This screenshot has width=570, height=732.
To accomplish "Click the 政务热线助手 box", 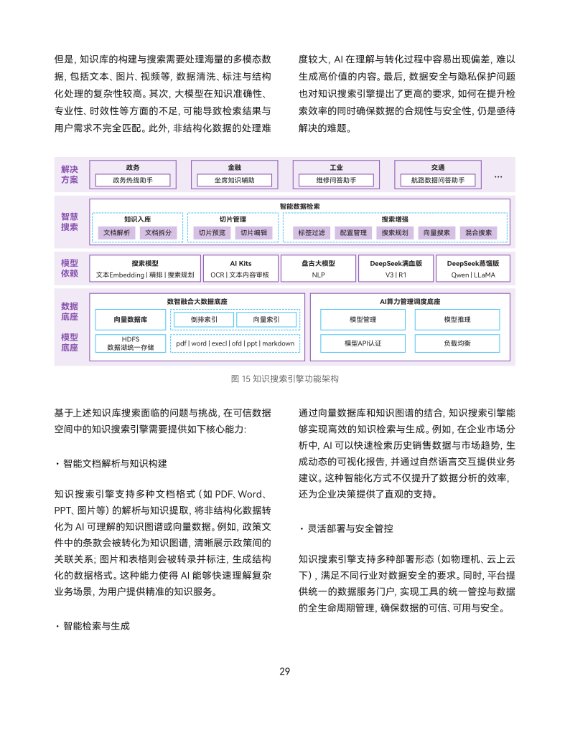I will (x=133, y=180).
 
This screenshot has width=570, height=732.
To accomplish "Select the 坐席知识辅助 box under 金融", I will (x=235, y=180).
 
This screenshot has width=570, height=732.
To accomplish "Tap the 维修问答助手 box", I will (x=336, y=180).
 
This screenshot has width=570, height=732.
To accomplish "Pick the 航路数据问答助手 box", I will (x=438, y=180).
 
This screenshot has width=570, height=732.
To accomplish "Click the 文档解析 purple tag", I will (x=117, y=232).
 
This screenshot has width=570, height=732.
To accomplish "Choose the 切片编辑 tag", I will (x=253, y=232).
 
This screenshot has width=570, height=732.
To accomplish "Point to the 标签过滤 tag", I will (x=312, y=232).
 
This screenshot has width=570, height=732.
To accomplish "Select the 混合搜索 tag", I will (x=478, y=232).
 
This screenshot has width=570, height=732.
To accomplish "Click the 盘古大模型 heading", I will (x=318, y=263).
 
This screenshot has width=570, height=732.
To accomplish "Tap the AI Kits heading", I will (x=240, y=263).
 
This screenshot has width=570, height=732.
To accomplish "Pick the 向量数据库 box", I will (x=131, y=319).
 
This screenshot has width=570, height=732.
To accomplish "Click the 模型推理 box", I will (x=457, y=319).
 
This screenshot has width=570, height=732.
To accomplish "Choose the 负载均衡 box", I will (x=457, y=343).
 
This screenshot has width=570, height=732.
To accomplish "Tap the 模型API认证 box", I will (x=363, y=343).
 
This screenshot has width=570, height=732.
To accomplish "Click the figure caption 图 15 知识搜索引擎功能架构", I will (x=284, y=378).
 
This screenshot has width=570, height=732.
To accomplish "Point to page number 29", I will (x=284, y=672).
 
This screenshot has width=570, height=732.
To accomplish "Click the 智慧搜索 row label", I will (x=70, y=222).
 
